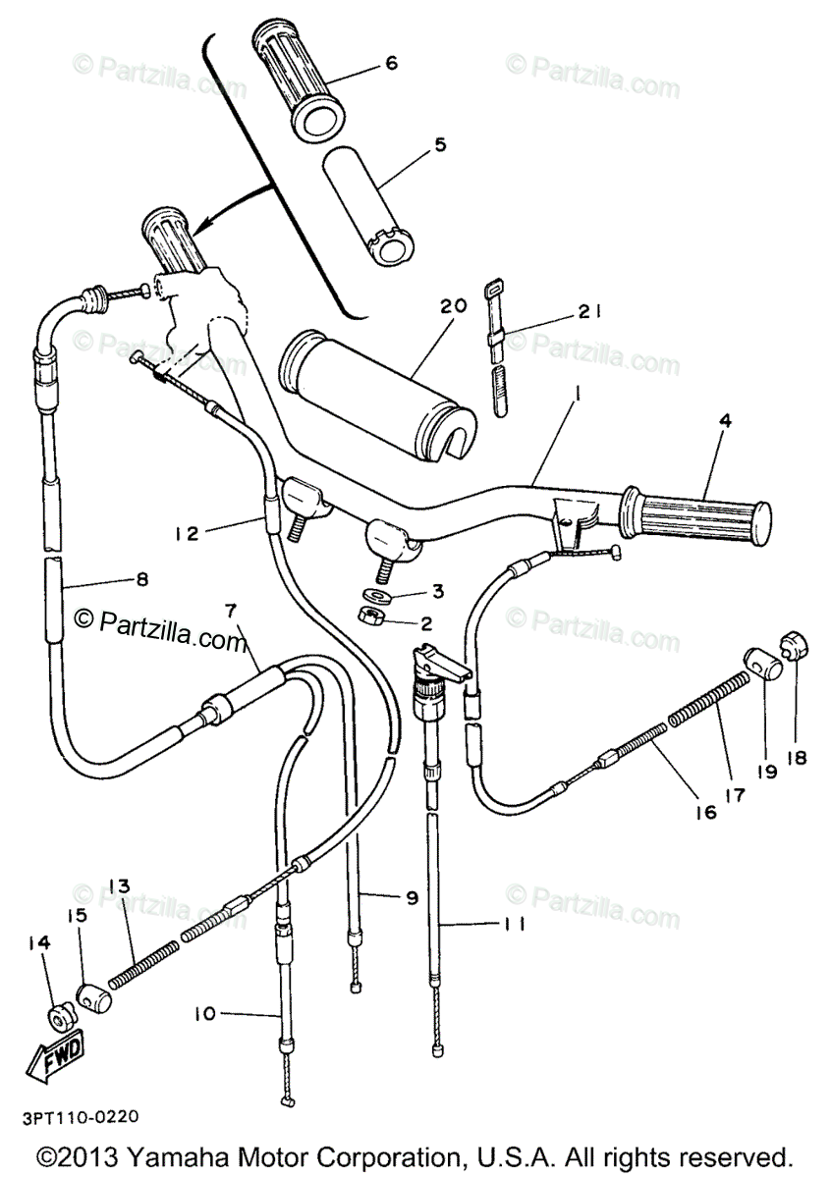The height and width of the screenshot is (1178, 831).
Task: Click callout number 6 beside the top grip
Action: tap(391, 63)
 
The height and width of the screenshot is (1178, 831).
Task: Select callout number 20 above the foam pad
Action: tap(454, 305)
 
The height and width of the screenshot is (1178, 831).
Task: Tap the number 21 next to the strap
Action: tap(588, 312)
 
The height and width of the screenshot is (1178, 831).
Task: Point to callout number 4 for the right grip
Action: tap(726, 421)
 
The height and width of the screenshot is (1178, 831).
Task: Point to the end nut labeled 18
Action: tap(796, 644)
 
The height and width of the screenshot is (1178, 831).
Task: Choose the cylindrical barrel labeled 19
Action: tap(762, 665)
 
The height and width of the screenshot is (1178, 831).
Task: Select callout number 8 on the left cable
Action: tap(141, 579)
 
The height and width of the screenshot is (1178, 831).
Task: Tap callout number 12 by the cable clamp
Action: tap(188, 533)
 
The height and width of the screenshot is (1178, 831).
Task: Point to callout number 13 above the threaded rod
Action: tap(119, 885)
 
